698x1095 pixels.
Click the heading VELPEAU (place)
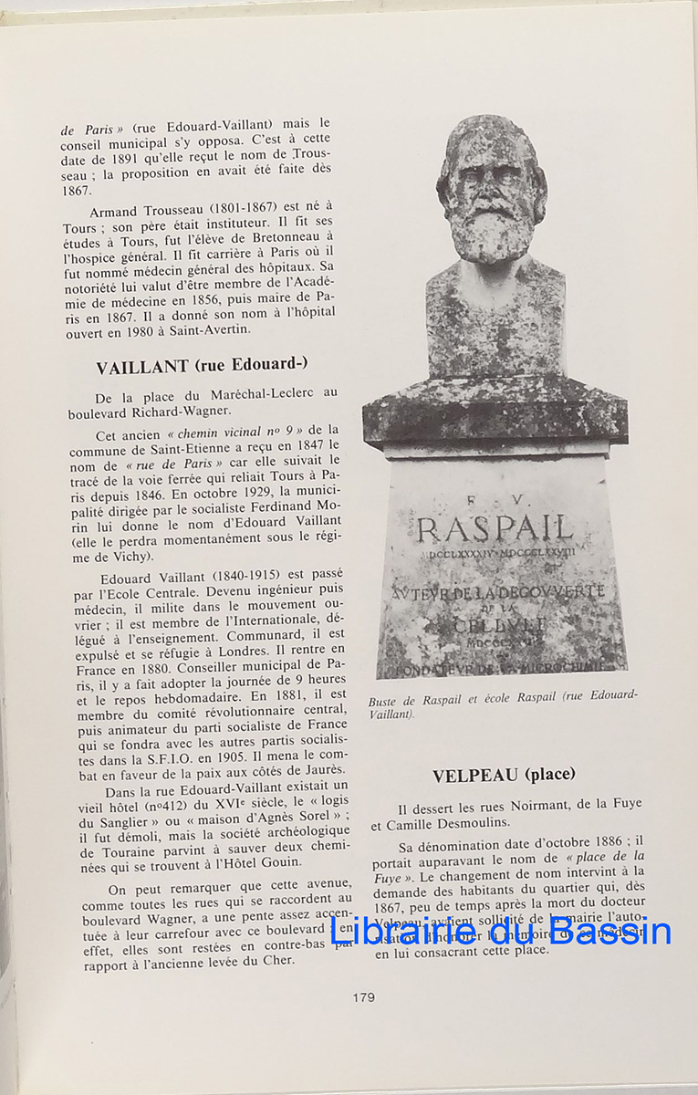tap(504, 775)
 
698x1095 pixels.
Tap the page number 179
tap(363, 997)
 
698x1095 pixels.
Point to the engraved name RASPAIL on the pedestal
tap(495, 528)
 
